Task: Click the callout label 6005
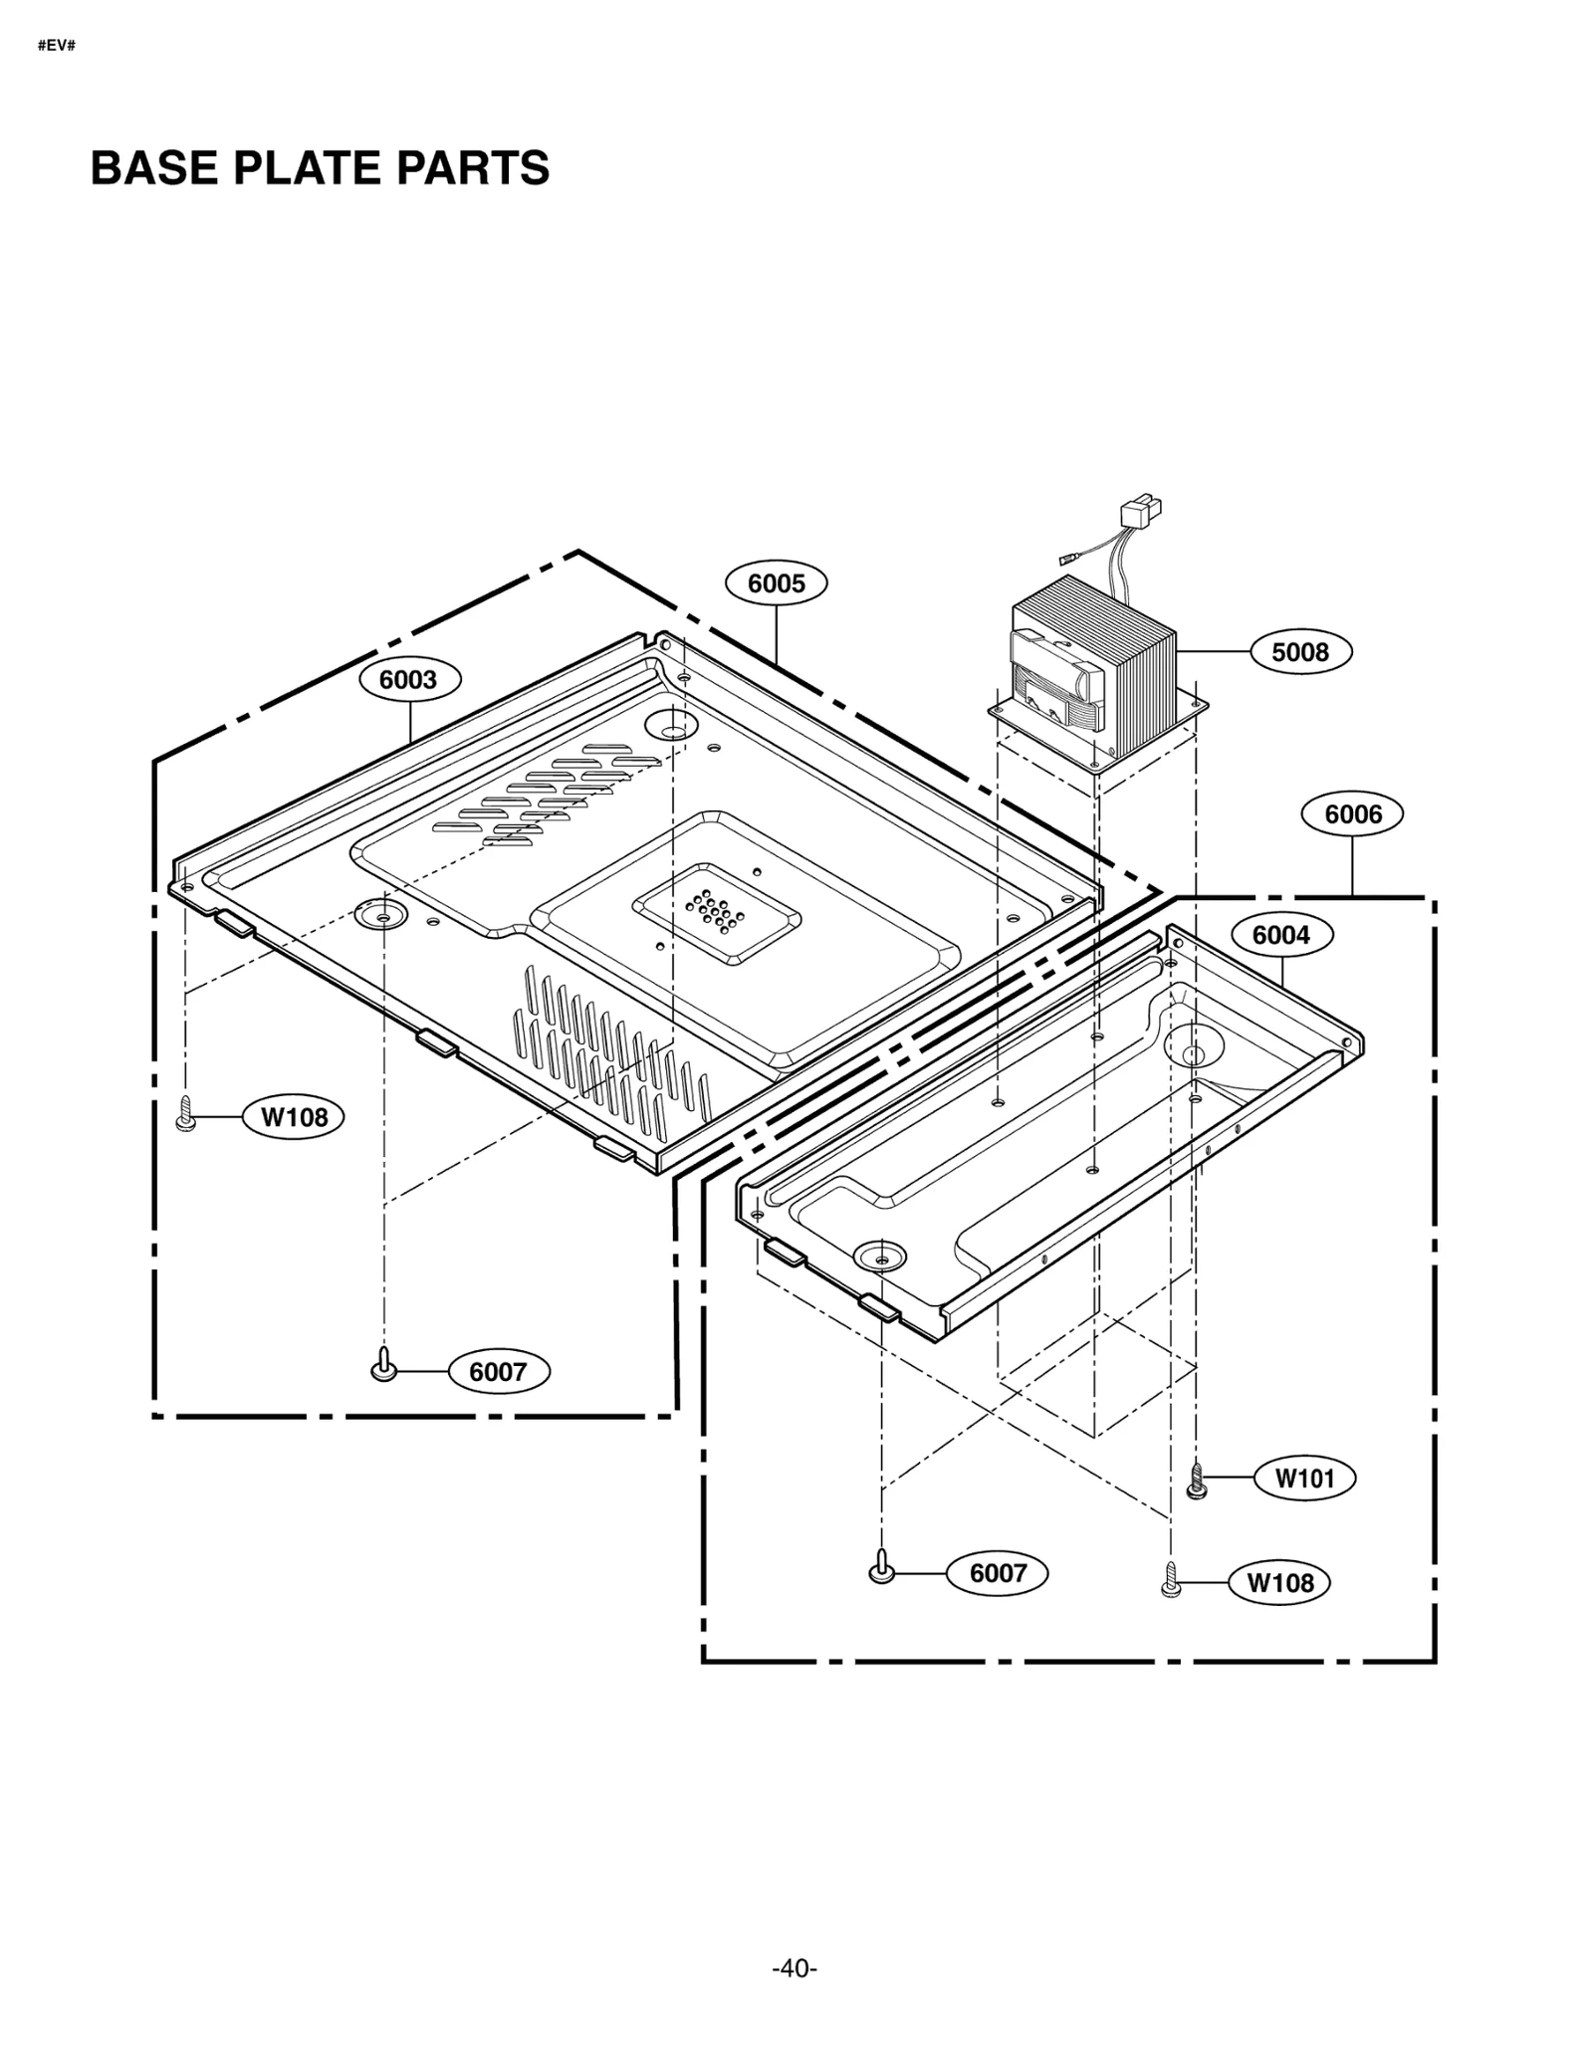pos(776,582)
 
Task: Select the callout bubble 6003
pos(409,679)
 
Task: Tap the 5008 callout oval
pos(1300,652)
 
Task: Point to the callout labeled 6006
pos(1352,814)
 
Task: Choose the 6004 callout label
pos(1281,935)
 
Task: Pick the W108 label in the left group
pos(294,1116)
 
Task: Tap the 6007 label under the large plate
pos(498,1371)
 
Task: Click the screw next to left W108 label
pos(184,1113)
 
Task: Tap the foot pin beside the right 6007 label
pos(881,1567)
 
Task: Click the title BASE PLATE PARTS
pos(320,168)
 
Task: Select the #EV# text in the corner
pos(57,47)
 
